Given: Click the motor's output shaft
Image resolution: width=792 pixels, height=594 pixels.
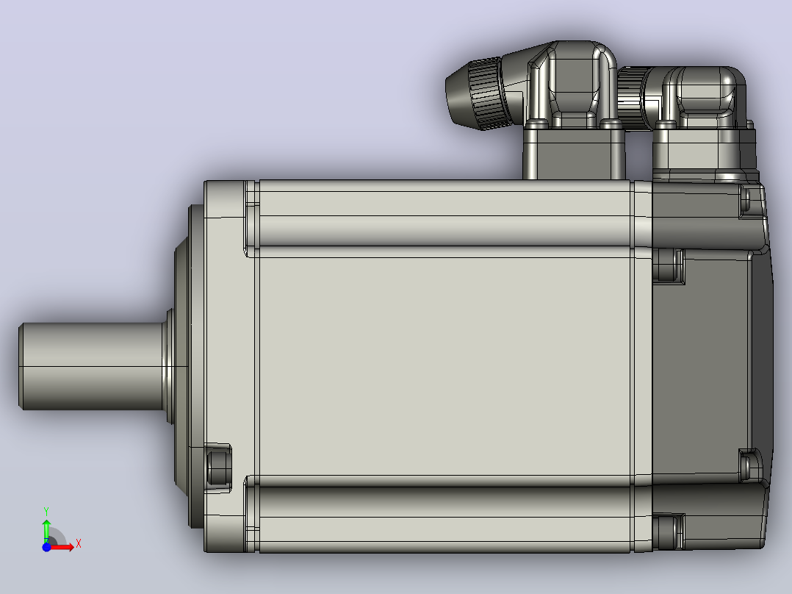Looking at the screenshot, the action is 91,366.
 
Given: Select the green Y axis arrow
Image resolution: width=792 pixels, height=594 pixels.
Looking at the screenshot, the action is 46,530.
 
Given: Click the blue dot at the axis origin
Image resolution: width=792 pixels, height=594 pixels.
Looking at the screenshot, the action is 46,547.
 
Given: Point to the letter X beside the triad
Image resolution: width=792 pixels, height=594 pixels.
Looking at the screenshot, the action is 79,544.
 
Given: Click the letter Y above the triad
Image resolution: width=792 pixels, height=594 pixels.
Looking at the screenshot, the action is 46,512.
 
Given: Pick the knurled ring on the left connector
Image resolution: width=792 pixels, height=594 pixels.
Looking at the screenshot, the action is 487,93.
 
